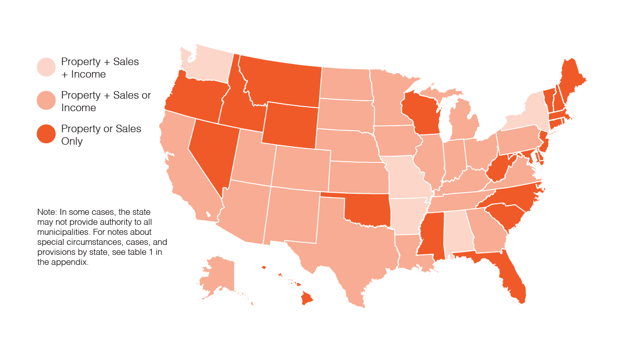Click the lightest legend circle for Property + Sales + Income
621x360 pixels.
point(46,68)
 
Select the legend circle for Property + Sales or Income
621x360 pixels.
point(46,101)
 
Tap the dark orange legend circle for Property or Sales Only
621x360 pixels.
point(46,134)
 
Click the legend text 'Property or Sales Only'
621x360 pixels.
point(101,135)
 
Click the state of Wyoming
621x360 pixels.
point(289,125)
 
